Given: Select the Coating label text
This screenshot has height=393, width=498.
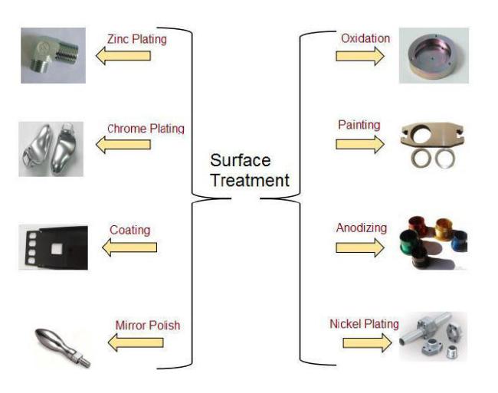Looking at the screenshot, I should pos(129,230).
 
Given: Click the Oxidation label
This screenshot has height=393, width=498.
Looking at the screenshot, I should pos(364,38).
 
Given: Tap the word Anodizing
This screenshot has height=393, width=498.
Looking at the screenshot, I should pos(361,228).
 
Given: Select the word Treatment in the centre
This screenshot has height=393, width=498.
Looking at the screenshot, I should pos(250,182).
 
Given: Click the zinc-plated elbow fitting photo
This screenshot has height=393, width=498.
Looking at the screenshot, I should pos(53,55).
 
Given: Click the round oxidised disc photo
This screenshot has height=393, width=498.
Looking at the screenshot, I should pos(433,56).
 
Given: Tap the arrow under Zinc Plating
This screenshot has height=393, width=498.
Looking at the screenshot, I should pos(123,56).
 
